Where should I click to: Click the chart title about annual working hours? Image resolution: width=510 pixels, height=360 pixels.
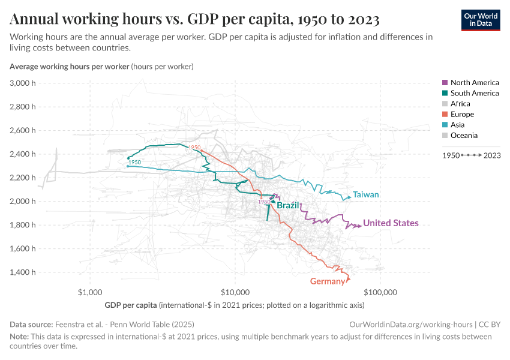(194, 20)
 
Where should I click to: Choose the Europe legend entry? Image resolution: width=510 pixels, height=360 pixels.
(462, 114)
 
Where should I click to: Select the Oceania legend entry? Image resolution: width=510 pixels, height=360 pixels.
(464, 136)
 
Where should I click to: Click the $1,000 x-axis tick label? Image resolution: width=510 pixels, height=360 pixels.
(89, 293)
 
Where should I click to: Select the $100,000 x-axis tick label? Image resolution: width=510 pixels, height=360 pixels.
(381, 293)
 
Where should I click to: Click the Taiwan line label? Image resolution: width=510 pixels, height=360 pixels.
(366, 195)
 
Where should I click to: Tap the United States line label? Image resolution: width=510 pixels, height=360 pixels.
(391, 223)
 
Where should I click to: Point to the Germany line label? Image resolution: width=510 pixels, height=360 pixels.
(328, 281)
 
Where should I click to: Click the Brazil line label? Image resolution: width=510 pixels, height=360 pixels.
(288, 205)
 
